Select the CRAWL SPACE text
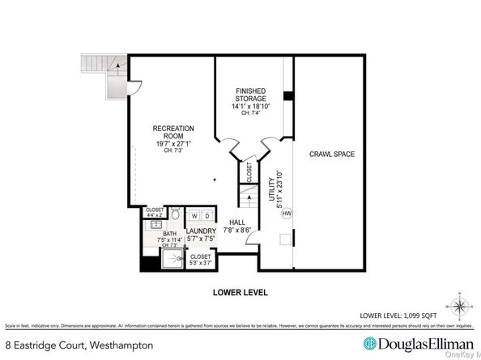pyautogui.click(x=331, y=154)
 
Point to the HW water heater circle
pyautogui.click(x=286, y=214)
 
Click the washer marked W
pyautogui.click(x=194, y=217)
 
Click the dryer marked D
pyautogui.click(x=206, y=217)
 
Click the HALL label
pyautogui.click(x=236, y=222)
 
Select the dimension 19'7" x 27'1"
pyautogui.click(x=172, y=143)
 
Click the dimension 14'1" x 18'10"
pyautogui.click(x=251, y=105)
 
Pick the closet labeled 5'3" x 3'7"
pyautogui.click(x=201, y=260)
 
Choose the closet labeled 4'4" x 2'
pyautogui.click(x=155, y=212)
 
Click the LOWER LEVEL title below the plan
pyautogui.click(x=240, y=292)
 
